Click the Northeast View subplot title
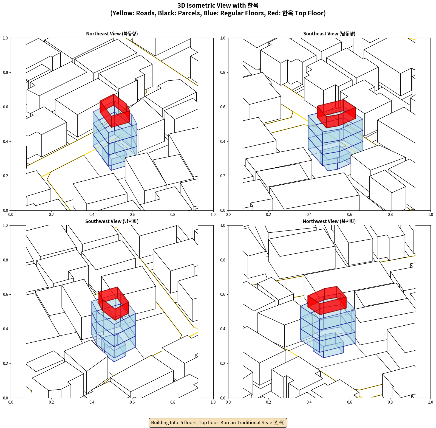click(x=112, y=34)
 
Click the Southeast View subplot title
click(x=329, y=34)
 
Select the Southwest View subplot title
click(x=112, y=221)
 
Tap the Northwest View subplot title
click(x=329, y=221)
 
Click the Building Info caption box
click(x=218, y=423)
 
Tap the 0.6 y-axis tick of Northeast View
click(x=5, y=107)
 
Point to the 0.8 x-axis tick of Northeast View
click(x=173, y=215)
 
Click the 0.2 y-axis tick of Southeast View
click(x=223, y=176)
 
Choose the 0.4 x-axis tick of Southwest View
click(x=92, y=402)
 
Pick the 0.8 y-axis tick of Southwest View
click(x=5, y=260)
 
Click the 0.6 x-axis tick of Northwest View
click(x=350, y=402)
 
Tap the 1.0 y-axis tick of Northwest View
click(x=223, y=226)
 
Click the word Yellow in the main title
click(x=122, y=13)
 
